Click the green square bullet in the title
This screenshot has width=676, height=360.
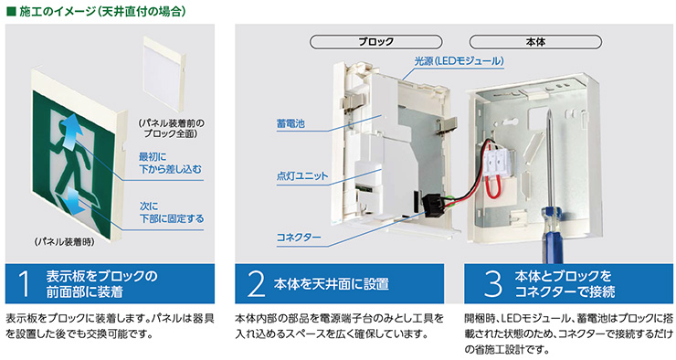pos(10,12)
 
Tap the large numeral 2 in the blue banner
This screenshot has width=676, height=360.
pos(255,284)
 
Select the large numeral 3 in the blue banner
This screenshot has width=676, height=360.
pos(492,284)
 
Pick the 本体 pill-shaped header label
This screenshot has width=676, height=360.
pos(535,42)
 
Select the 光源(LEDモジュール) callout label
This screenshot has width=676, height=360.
pos(459,60)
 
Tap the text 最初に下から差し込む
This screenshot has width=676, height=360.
pos(164,162)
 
